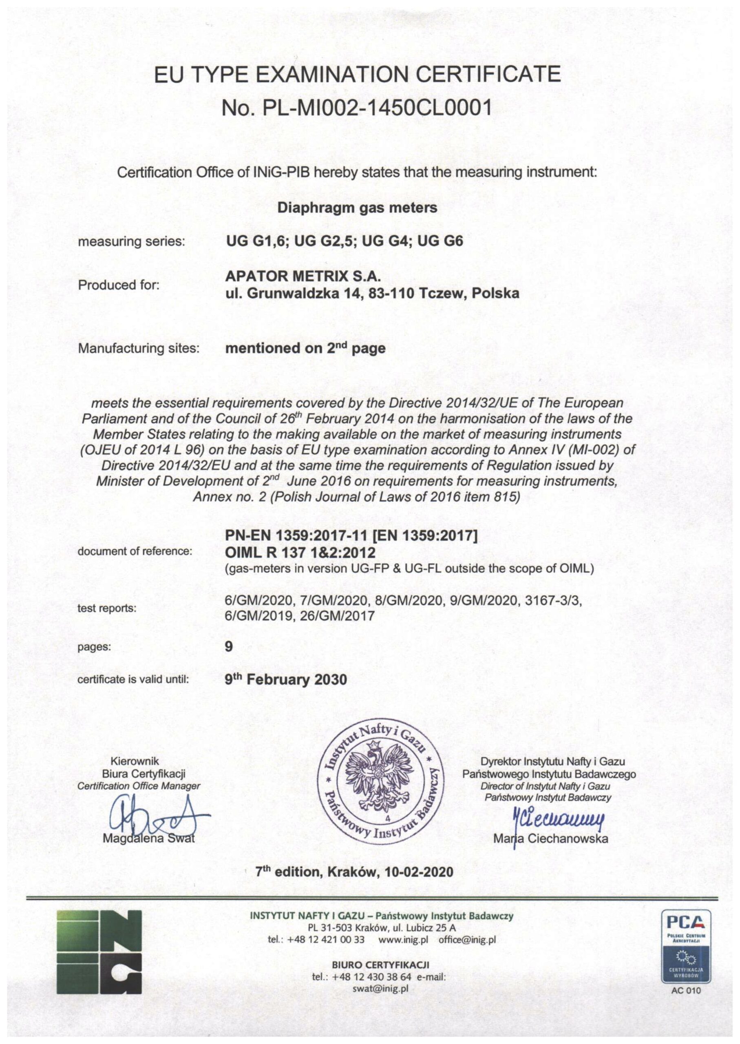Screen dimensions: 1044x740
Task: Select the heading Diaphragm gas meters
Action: pyautogui.click(x=357, y=208)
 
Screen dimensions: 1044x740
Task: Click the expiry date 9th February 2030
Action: pyautogui.click(x=286, y=680)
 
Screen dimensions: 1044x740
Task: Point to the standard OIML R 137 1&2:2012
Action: pyautogui.click(x=300, y=553)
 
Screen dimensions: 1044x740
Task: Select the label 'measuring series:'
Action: pyautogui.click(x=132, y=241)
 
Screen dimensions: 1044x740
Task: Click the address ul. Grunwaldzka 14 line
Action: pyautogui.click(x=373, y=294)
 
